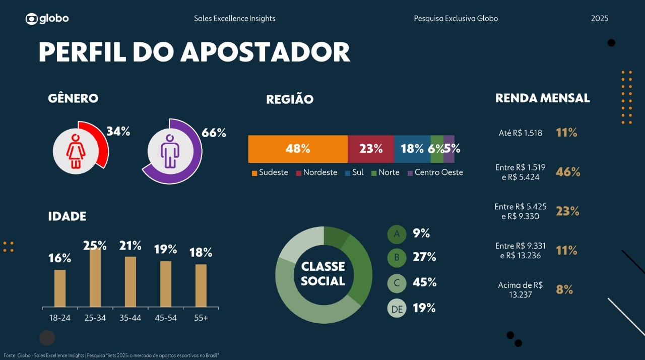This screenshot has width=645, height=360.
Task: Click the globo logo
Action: (x=47, y=19)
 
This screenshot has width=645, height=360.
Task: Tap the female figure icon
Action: (x=76, y=151)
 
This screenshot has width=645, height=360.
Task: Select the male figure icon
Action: (x=169, y=151)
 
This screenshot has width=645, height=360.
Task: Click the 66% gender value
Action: (x=214, y=133)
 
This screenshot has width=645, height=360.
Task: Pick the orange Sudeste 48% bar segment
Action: (x=298, y=149)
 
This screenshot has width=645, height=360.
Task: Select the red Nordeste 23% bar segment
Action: (x=371, y=149)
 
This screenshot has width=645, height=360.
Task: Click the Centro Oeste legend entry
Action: (x=435, y=172)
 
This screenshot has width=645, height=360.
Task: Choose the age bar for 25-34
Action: (x=95, y=277)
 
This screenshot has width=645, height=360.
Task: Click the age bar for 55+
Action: (x=201, y=285)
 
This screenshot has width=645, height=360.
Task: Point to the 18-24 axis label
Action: (x=60, y=318)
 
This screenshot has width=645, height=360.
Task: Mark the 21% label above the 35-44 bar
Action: (x=131, y=246)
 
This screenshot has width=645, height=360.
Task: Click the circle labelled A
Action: (x=397, y=234)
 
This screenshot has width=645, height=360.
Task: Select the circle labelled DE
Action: (x=397, y=309)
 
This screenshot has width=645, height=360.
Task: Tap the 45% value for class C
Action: (x=424, y=282)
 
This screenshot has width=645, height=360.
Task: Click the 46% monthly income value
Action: (x=568, y=172)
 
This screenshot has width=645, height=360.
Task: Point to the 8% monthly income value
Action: (x=564, y=289)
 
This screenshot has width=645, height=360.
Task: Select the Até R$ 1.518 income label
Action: (x=520, y=133)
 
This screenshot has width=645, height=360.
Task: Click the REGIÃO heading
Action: (x=290, y=100)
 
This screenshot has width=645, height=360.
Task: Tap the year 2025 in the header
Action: (x=600, y=19)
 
